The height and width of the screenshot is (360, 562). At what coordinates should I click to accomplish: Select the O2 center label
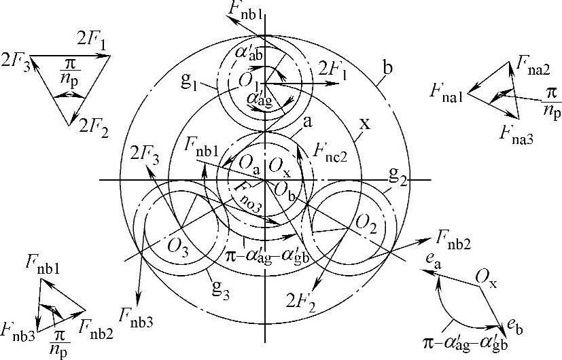[x=367, y=223]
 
